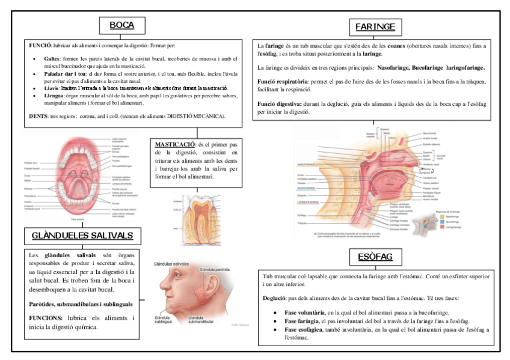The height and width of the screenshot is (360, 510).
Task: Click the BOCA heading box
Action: pos(121,26)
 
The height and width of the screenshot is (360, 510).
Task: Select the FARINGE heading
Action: pos(375,27)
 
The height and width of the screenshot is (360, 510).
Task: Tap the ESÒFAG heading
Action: pos(371,257)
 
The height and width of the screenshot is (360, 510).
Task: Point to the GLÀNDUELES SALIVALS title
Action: pos(82,234)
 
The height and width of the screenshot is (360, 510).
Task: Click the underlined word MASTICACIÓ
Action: pos(174,145)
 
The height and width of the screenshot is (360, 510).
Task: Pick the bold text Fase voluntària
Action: pos(304,313)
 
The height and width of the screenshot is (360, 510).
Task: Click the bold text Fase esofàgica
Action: pos(303,330)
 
